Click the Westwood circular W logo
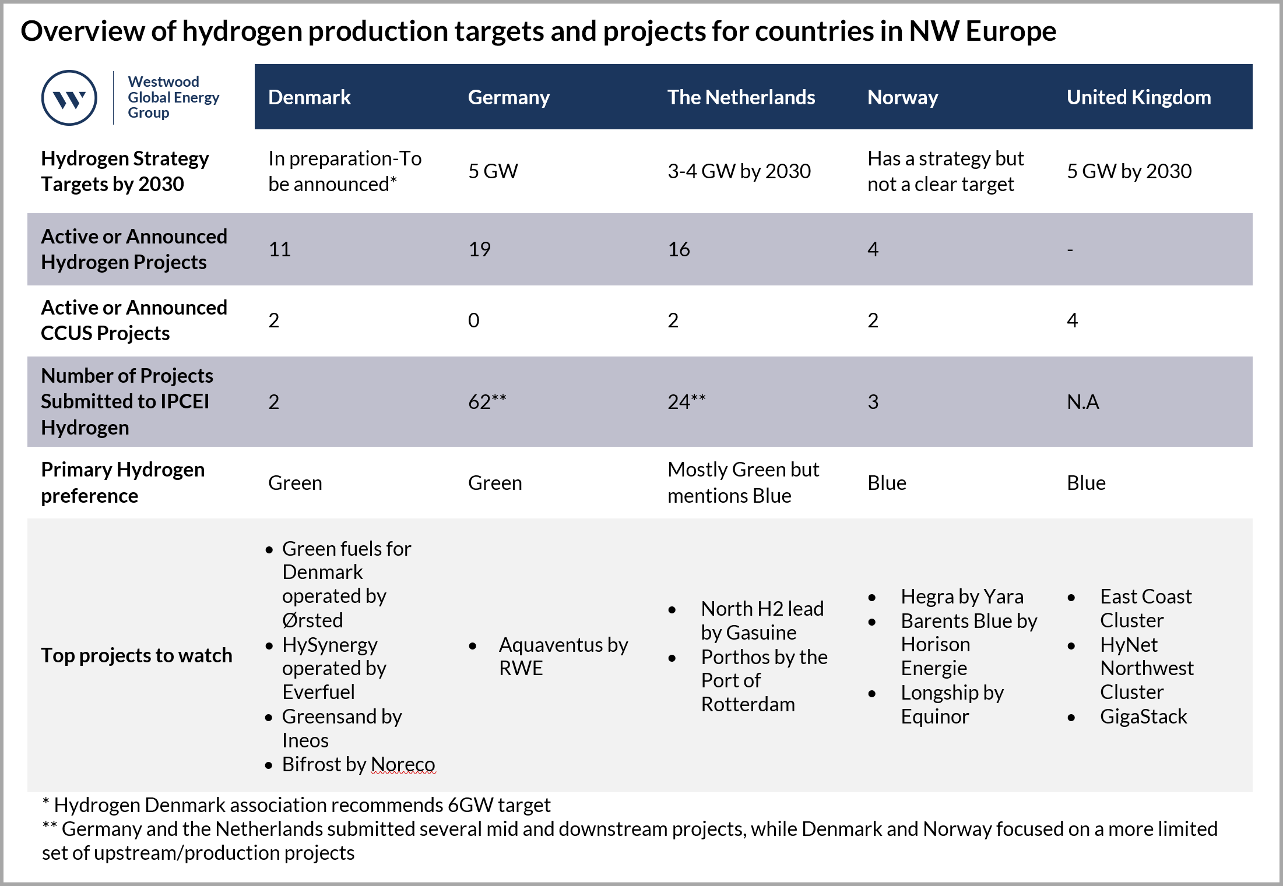(x=69, y=98)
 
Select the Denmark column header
(x=309, y=97)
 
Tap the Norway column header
(x=902, y=97)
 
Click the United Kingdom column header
(x=1138, y=97)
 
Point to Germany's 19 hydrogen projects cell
(x=479, y=249)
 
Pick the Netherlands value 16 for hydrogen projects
(x=679, y=249)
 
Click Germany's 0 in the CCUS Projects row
(x=473, y=320)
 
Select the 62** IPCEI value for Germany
(x=487, y=402)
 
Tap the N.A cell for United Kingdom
(x=1082, y=402)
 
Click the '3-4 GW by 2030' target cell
(x=739, y=171)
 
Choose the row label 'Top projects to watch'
(x=136, y=655)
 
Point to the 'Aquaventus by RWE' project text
(x=563, y=656)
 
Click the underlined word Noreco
(x=403, y=764)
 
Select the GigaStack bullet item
(x=1143, y=716)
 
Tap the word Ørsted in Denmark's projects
(x=312, y=620)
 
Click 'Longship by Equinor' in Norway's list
(x=951, y=704)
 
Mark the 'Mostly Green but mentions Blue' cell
(x=743, y=482)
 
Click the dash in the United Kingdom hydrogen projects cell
(x=1070, y=250)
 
